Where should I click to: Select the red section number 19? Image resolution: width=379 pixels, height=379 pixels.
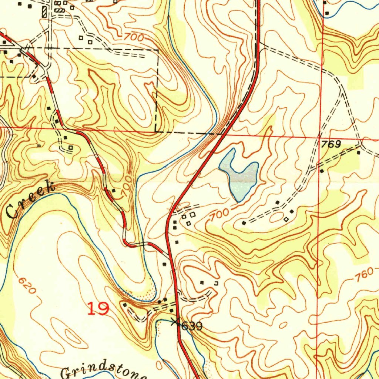click(x=98, y=308)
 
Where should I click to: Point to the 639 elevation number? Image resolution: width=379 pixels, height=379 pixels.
click(x=192, y=326)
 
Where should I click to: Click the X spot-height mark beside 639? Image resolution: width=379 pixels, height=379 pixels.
click(x=175, y=322)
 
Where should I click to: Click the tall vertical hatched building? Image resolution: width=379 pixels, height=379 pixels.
click(x=45, y=11)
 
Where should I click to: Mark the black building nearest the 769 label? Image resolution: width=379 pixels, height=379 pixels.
click(x=358, y=152)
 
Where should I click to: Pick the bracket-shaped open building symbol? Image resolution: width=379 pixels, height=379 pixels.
click(x=216, y=283)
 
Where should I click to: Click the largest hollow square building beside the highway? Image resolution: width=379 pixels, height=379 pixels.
click(x=192, y=214)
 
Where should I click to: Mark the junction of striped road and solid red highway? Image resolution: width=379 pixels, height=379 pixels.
click(x=169, y=255)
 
